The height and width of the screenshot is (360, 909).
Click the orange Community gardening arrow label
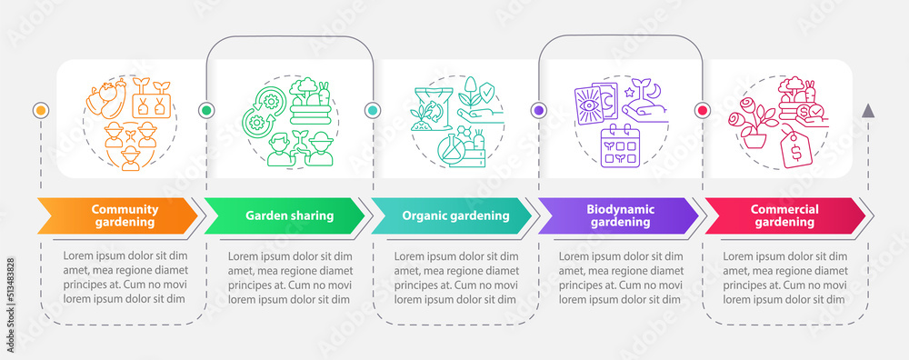(118, 215)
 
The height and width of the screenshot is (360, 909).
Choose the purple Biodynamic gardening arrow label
(618, 215)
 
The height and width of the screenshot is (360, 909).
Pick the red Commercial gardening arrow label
(784, 215)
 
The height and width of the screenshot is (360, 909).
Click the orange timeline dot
(40, 110)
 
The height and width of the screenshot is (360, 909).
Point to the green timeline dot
(206, 110)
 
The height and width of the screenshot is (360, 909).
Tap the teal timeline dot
(372, 110)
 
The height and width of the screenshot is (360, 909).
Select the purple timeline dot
(538, 110)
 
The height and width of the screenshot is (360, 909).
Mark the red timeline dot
(702, 110)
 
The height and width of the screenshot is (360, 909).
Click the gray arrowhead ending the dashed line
(868, 110)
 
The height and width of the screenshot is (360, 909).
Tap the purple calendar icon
(625, 146)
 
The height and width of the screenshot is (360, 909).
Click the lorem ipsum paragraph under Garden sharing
(288, 277)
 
